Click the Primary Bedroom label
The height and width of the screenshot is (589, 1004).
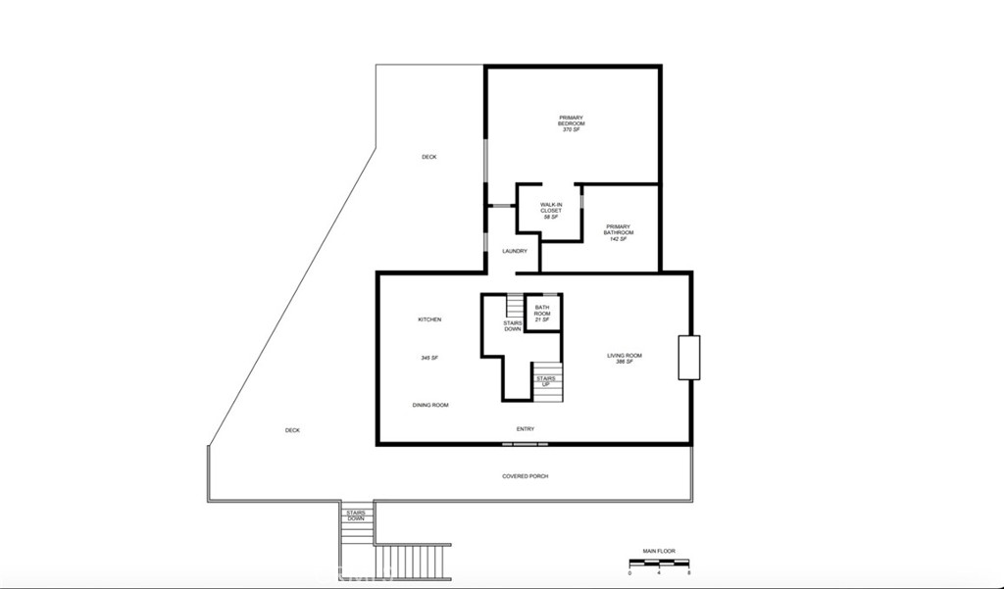coord(572,121)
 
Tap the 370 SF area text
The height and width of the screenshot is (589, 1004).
coord(572,129)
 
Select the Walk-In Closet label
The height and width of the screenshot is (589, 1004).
coord(551,208)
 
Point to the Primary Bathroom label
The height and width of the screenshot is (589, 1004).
coord(619,229)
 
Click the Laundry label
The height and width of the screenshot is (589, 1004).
coord(515,251)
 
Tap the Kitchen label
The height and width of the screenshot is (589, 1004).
coord(429,319)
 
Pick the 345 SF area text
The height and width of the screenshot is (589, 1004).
coord(429,358)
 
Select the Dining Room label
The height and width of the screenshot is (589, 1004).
coord(430,406)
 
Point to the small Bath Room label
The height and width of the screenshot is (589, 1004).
coord(542,311)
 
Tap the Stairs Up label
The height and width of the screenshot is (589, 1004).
coord(546,381)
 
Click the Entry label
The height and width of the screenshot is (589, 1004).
coord(526,429)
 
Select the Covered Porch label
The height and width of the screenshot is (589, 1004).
coord(526,476)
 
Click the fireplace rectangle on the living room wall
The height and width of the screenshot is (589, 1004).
coord(689,358)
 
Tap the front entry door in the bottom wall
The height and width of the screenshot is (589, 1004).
coord(526,444)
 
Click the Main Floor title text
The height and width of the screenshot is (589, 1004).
coord(659,551)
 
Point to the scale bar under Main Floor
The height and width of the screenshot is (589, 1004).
coord(660,563)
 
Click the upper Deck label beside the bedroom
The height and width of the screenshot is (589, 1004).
coord(429,157)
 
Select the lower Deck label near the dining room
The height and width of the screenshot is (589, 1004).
coord(292,430)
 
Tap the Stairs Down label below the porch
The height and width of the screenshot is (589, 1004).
coord(356,515)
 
